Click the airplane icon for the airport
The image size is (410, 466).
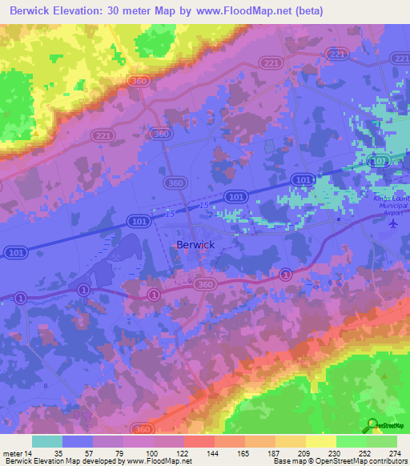[392, 223]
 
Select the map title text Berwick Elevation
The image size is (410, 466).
[59, 10]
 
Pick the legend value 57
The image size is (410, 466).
[93, 452]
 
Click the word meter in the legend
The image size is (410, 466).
[11, 452]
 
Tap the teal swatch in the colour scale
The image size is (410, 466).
[47, 441]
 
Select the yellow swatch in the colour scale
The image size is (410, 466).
[321, 441]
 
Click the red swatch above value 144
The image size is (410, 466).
[199, 441]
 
